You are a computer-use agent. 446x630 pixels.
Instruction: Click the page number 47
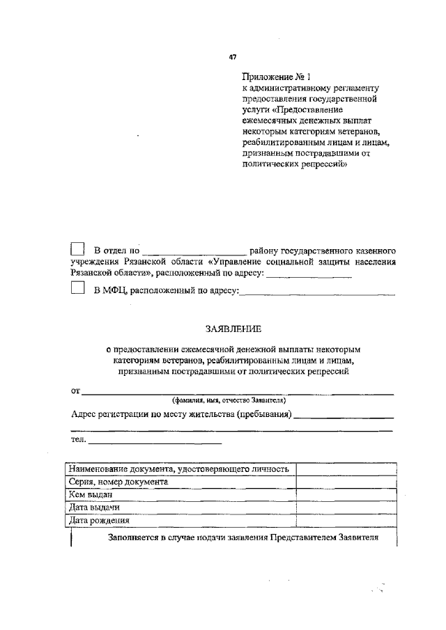(233, 58)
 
